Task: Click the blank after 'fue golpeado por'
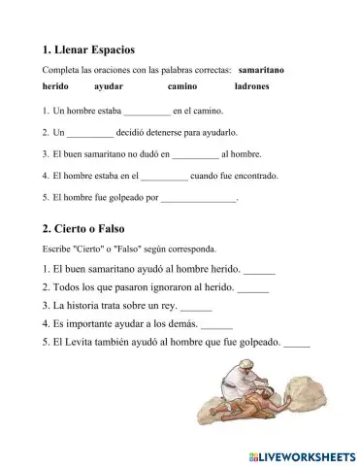pyautogui.click(x=197, y=200)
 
